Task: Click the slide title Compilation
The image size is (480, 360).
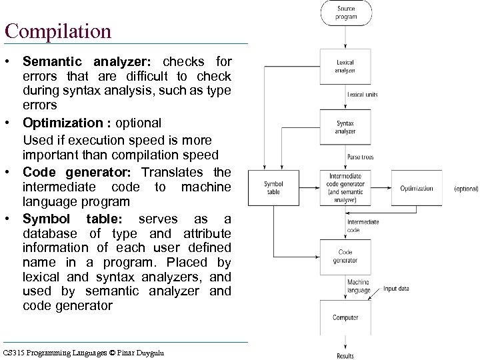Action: [57, 31]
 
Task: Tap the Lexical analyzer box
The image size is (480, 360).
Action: [345, 65]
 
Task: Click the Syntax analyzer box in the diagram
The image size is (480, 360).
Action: [345, 127]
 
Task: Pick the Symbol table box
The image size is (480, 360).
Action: [273, 188]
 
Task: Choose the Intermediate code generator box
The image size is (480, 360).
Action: [345, 188]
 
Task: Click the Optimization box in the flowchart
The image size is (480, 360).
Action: [417, 188]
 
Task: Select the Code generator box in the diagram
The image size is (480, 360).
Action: [345, 256]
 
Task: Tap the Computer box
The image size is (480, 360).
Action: [345, 317]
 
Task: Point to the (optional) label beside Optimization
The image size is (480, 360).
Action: [466, 189]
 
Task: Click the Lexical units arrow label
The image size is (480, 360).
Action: [362, 95]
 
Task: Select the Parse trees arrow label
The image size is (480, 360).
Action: [361, 157]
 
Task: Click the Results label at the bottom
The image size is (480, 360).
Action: [345, 356]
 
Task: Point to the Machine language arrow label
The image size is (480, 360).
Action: [358, 286]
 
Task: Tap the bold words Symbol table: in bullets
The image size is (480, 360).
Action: [73, 219]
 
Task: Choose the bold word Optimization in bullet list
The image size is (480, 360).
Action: [65, 123]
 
